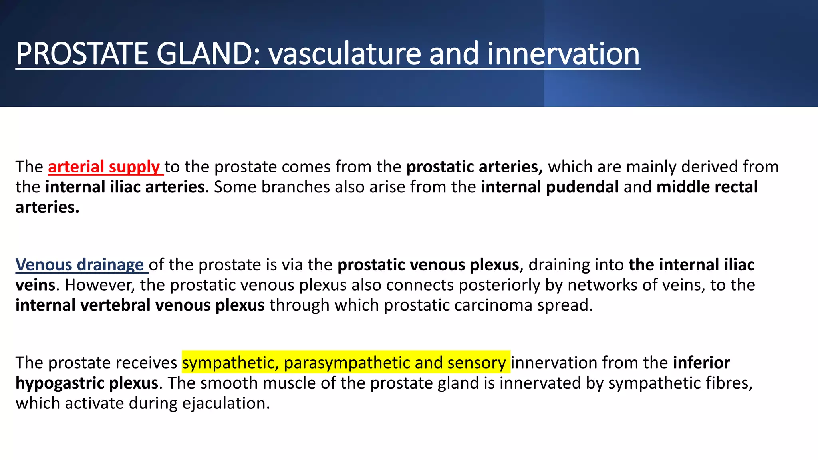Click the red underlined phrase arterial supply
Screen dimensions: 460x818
point(104,167)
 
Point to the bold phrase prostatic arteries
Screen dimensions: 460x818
point(474,167)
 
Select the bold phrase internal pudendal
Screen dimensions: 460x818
point(550,187)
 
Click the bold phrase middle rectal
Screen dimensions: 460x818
point(707,187)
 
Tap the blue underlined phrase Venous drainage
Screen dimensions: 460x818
point(79,265)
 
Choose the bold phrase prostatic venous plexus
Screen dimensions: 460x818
point(428,265)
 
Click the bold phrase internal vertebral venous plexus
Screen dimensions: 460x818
point(140,305)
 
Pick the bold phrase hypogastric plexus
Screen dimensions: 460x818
point(87,383)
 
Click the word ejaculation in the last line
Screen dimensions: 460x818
point(226,403)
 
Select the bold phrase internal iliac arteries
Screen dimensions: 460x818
point(125,187)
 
